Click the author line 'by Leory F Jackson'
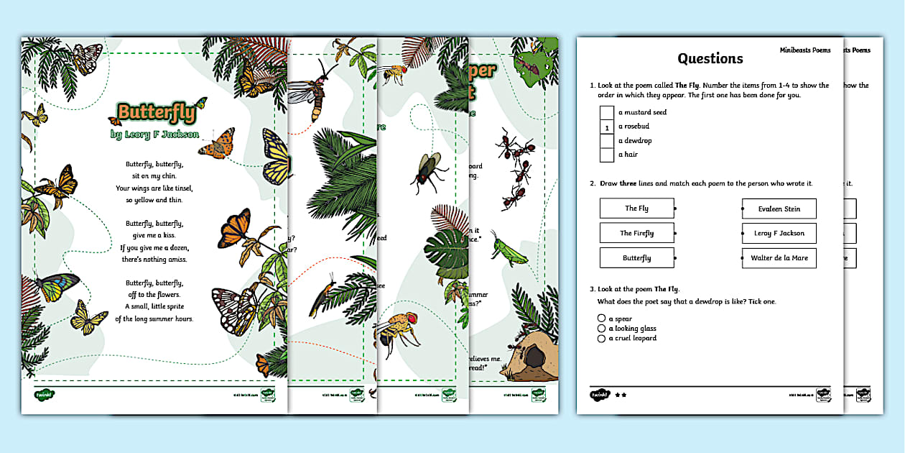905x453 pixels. [x=154, y=134]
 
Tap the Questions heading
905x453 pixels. [x=710, y=58]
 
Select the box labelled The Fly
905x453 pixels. [x=636, y=209]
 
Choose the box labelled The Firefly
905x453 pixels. [x=636, y=233]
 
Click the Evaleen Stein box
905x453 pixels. [x=779, y=209]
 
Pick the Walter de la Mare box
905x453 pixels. [x=779, y=258]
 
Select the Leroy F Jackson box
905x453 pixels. [x=779, y=233]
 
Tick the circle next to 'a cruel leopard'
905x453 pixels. [x=601, y=338]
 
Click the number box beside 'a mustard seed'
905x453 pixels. [x=607, y=113]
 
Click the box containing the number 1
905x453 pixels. [x=607, y=127]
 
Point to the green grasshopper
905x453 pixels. [x=505, y=249]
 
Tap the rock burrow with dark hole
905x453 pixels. [x=532, y=353]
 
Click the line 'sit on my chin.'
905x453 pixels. [x=154, y=175]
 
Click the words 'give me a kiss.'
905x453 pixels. [x=154, y=234]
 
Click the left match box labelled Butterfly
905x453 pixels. [x=636, y=257]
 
